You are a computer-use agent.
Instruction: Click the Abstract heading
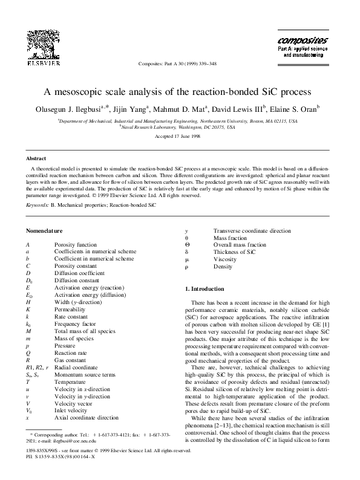click(38, 158)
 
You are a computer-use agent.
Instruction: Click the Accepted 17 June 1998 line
click(180, 137)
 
